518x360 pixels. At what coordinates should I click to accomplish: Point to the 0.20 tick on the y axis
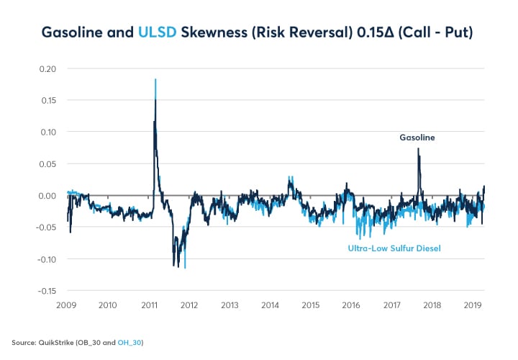47,68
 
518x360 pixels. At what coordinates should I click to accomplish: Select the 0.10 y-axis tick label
47,132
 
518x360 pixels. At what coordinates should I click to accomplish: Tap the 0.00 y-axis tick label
47,195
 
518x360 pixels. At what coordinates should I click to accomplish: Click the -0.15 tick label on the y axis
46,291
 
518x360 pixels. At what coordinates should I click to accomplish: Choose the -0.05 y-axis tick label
46,228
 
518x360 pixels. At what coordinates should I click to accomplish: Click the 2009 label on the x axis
68,305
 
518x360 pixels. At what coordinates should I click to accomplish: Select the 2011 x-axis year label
148,305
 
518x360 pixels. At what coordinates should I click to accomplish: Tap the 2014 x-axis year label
270,305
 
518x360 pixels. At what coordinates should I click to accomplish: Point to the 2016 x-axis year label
351,305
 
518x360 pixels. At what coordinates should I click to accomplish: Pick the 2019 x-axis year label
472,305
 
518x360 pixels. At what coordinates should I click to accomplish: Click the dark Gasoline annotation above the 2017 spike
418,137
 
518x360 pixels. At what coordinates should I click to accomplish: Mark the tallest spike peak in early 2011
155,80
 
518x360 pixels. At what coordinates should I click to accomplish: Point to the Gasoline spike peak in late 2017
419,149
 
